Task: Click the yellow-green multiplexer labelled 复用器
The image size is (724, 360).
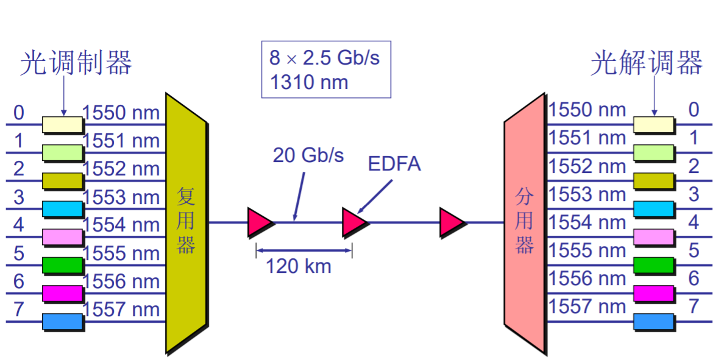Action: tap(186, 222)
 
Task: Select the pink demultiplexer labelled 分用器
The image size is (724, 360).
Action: tap(524, 222)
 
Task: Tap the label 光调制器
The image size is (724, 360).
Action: tap(76, 63)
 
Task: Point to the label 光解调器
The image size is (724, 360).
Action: tap(646, 63)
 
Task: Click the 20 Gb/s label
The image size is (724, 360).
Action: tap(308, 155)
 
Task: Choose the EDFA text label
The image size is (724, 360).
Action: tap(394, 164)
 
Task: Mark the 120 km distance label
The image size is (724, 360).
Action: tap(299, 266)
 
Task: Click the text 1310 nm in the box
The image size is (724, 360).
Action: tap(309, 82)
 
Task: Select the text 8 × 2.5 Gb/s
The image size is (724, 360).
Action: tap(325, 58)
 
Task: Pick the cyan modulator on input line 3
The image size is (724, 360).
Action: tap(62, 209)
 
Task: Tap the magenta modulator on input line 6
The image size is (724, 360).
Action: tap(62, 293)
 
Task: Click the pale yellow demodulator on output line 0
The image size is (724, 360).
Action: tap(654, 124)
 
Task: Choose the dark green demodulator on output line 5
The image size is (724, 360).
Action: tap(654, 265)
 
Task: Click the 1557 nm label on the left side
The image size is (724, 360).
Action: tap(121, 309)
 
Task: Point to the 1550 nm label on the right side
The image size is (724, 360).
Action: tap(587, 110)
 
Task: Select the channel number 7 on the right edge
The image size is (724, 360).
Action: tap(694, 306)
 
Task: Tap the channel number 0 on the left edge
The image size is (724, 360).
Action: tap(19, 113)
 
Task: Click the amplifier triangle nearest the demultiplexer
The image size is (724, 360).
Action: tap(452, 222)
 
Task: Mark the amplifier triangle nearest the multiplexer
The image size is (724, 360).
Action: tap(260, 222)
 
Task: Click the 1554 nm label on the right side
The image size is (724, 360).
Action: tap(587, 222)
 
